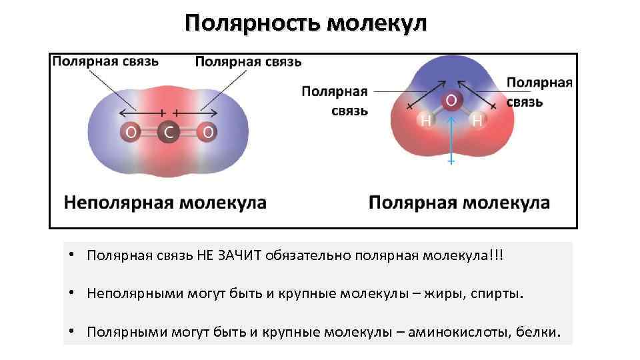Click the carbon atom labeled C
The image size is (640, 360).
(169, 133)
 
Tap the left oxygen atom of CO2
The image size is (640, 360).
(131, 133)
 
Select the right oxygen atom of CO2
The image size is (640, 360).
(208, 133)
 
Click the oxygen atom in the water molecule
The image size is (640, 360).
(451, 101)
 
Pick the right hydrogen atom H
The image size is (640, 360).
(477, 121)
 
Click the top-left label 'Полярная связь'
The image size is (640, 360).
(105, 61)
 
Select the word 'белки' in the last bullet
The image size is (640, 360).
(538, 331)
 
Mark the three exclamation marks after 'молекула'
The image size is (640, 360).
(497, 257)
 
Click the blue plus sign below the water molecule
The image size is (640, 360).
(451, 161)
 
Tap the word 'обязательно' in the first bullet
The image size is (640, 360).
(307, 257)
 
